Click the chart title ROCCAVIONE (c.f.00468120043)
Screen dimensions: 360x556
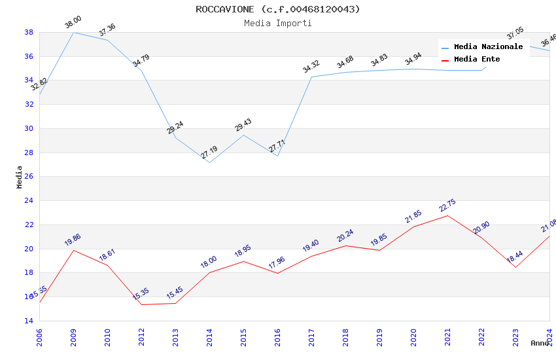click(x=277, y=9)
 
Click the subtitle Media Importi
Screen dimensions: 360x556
click(x=277, y=24)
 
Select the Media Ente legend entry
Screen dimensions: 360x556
click(x=477, y=60)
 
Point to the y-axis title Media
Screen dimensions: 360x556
click(x=20, y=177)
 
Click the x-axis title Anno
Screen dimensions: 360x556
click(x=540, y=343)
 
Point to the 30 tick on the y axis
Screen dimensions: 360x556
click(x=29, y=128)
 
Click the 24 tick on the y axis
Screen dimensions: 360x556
click(x=29, y=201)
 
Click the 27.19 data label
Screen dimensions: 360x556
click(x=209, y=153)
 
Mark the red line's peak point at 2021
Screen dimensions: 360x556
click(x=447, y=215)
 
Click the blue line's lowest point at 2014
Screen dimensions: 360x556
click(x=209, y=162)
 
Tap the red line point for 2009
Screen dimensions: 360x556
click(x=73, y=250)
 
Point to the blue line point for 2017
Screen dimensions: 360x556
click(x=311, y=77)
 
